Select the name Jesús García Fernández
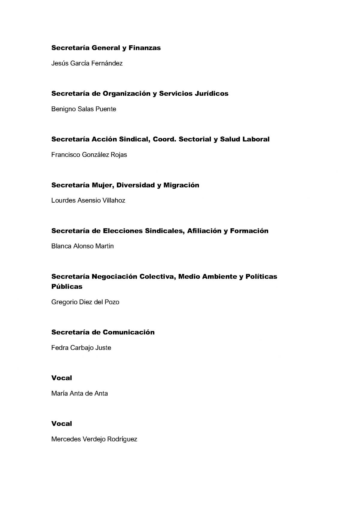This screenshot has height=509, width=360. [87, 63]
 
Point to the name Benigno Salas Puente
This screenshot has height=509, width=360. [84, 109]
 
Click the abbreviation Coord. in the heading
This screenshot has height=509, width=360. [164, 139]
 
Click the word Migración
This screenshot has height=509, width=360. [181, 185]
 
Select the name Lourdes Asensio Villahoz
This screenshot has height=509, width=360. [88, 200]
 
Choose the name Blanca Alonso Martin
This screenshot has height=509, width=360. [82, 246]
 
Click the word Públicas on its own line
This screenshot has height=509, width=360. [67, 287]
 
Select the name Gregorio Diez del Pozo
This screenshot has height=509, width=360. [85, 302]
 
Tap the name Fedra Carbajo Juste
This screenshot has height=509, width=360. [81, 348]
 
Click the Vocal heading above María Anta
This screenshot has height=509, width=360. [62, 378]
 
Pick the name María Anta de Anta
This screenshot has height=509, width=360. [79, 393]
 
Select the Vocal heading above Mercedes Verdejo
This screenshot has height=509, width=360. [62, 424]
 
